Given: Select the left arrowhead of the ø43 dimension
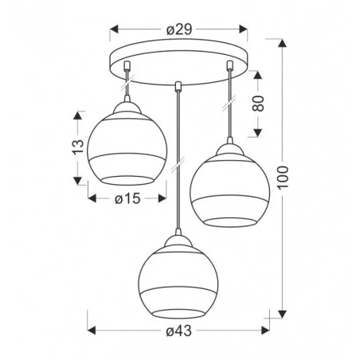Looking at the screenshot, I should point(88,328).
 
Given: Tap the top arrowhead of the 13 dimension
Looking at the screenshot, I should point(77,115).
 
